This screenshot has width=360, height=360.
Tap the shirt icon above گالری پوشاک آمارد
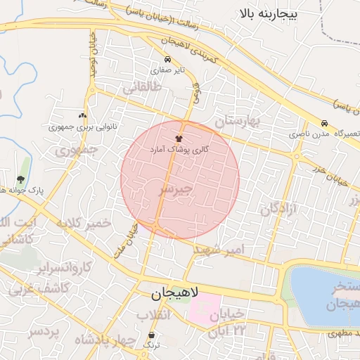pyautogui.click(x=179, y=139)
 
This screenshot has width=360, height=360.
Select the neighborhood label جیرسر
pyautogui.click(x=175, y=190)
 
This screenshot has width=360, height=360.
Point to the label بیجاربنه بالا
pyautogui.click(x=269, y=13)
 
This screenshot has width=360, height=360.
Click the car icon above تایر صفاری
pyautogui.click(x=167, y=60)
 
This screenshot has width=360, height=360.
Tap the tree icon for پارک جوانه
pyautogui.click(x=20, y=179)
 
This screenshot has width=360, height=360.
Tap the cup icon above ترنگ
pyautogui.click(x=153, y=335)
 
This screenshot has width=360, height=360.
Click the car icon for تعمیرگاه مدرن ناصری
pyautogui.click(x=324, y=122)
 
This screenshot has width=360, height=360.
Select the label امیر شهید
pyautogui.click(x=219, y=250)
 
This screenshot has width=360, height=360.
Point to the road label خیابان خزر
pyautogui.click(x=330, y=171)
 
